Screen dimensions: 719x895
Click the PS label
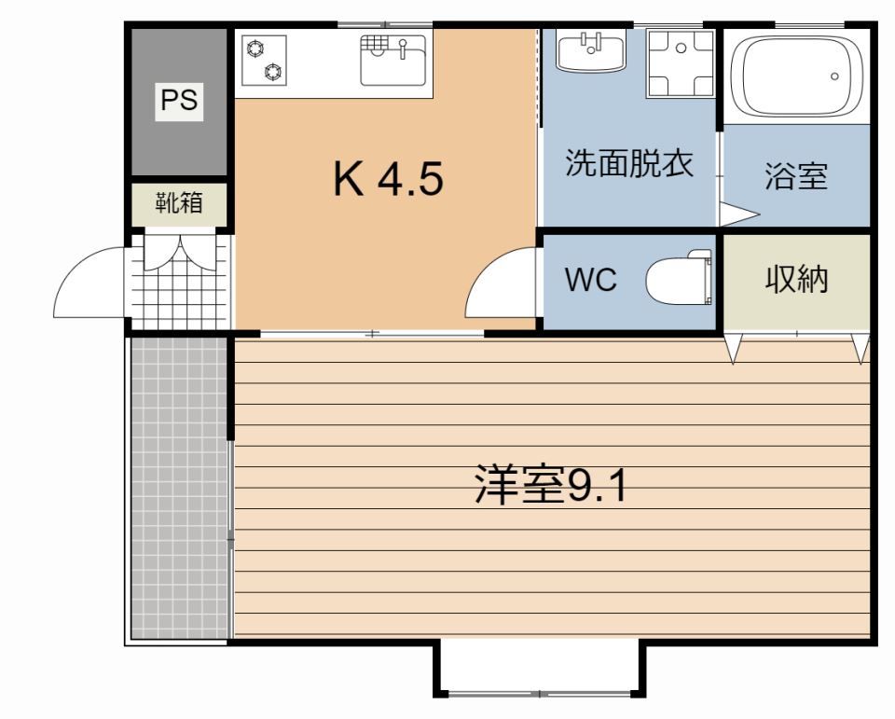(x=179, y=101)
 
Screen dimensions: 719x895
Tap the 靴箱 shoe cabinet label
(x=179, y=201)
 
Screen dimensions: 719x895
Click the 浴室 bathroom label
(x=795, y=176)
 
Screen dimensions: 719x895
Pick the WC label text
(x=591, y=280)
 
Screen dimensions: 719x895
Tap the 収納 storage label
(x=796, y=279)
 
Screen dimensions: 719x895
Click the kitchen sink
(x=392, y=59)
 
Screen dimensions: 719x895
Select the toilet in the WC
(x=679, y=278)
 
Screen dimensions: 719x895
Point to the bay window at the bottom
(x=539, y=670)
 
